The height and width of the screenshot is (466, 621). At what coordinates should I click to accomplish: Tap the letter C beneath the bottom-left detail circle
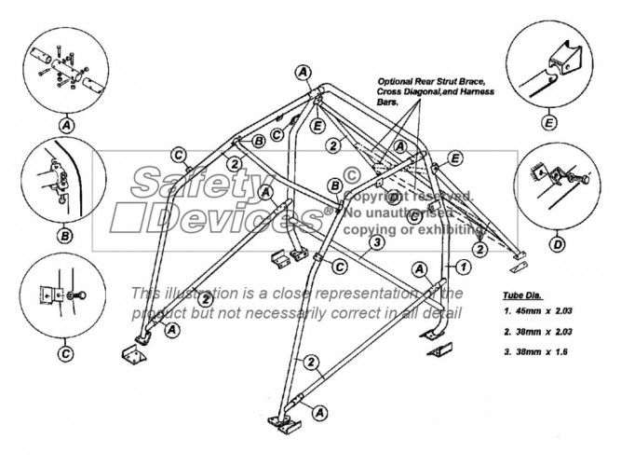click(x=65, y=353)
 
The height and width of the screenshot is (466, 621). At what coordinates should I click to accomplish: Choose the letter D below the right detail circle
click(x=556, y=244)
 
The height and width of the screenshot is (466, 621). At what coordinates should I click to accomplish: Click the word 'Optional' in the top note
click(x=397, y=81)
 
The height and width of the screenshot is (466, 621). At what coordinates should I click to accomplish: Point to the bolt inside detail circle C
click(x=75, y=296)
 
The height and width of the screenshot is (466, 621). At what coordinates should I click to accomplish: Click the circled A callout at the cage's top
click(x=303, y=71)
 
